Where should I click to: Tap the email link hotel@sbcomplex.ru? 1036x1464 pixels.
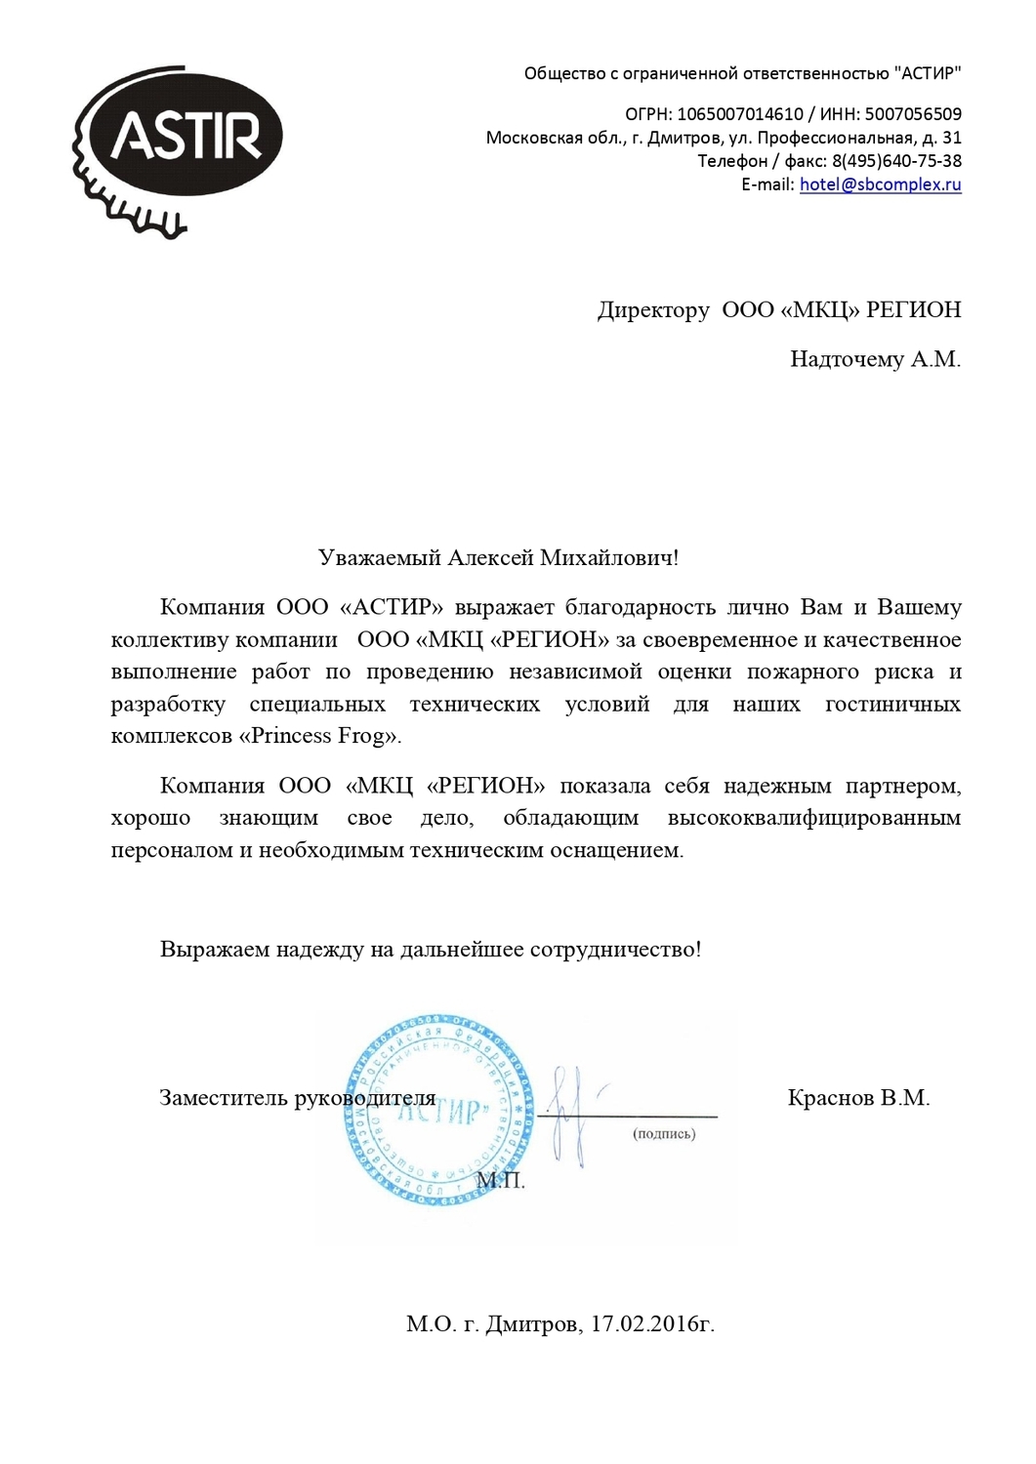tap(880, 184)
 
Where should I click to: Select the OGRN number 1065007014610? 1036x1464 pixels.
tap(740, 114)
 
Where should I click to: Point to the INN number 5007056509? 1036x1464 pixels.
tap(913, 114)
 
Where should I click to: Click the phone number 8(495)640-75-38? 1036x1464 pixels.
tap(896, 161)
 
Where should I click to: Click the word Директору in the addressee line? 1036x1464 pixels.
tap(653, 310)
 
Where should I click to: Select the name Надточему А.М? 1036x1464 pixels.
tap(875, 360)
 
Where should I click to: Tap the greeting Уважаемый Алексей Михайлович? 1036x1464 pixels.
tap(498, 558)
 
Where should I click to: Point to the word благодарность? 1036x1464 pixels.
tap(641, 607)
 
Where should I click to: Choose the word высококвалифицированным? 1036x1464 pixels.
tap(813, 818)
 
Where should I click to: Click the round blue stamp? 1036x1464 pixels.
tap(439, 1109)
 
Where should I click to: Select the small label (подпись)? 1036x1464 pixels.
tap(664, 1134)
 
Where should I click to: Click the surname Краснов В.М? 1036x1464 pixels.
tap(858, 1098)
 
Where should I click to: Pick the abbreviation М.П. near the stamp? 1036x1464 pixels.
tap(501, 1181)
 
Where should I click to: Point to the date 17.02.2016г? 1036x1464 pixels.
tap(652, 1324)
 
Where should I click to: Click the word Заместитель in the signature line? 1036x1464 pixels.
tap(223, 1098)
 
